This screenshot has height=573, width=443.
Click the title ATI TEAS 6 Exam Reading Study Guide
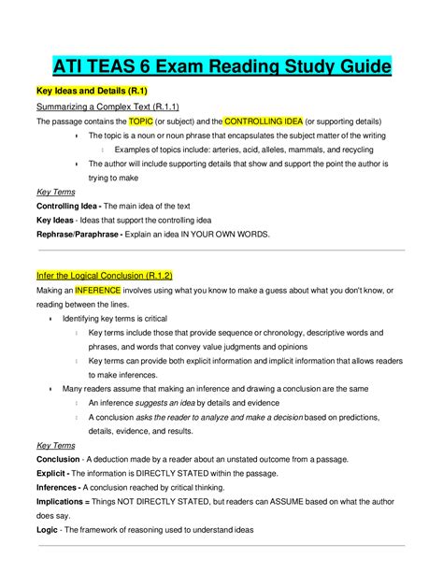(x=221, y=68)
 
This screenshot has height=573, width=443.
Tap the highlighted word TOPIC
(x=141, y=122)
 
